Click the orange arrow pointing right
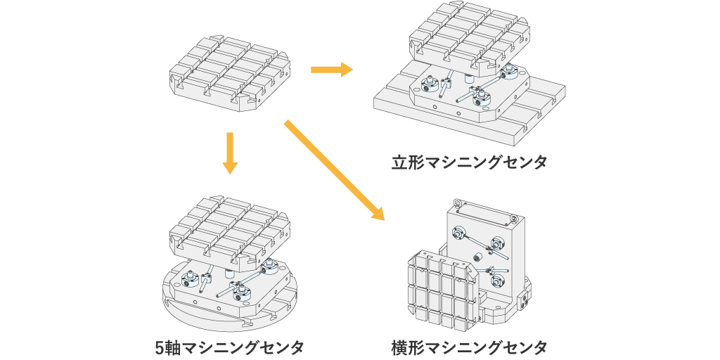click(330, 70)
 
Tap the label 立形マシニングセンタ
click(469, 163)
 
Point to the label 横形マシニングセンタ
click(469, 347)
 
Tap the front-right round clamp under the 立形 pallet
click(483, 98)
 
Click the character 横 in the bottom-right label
click(400, 347)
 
